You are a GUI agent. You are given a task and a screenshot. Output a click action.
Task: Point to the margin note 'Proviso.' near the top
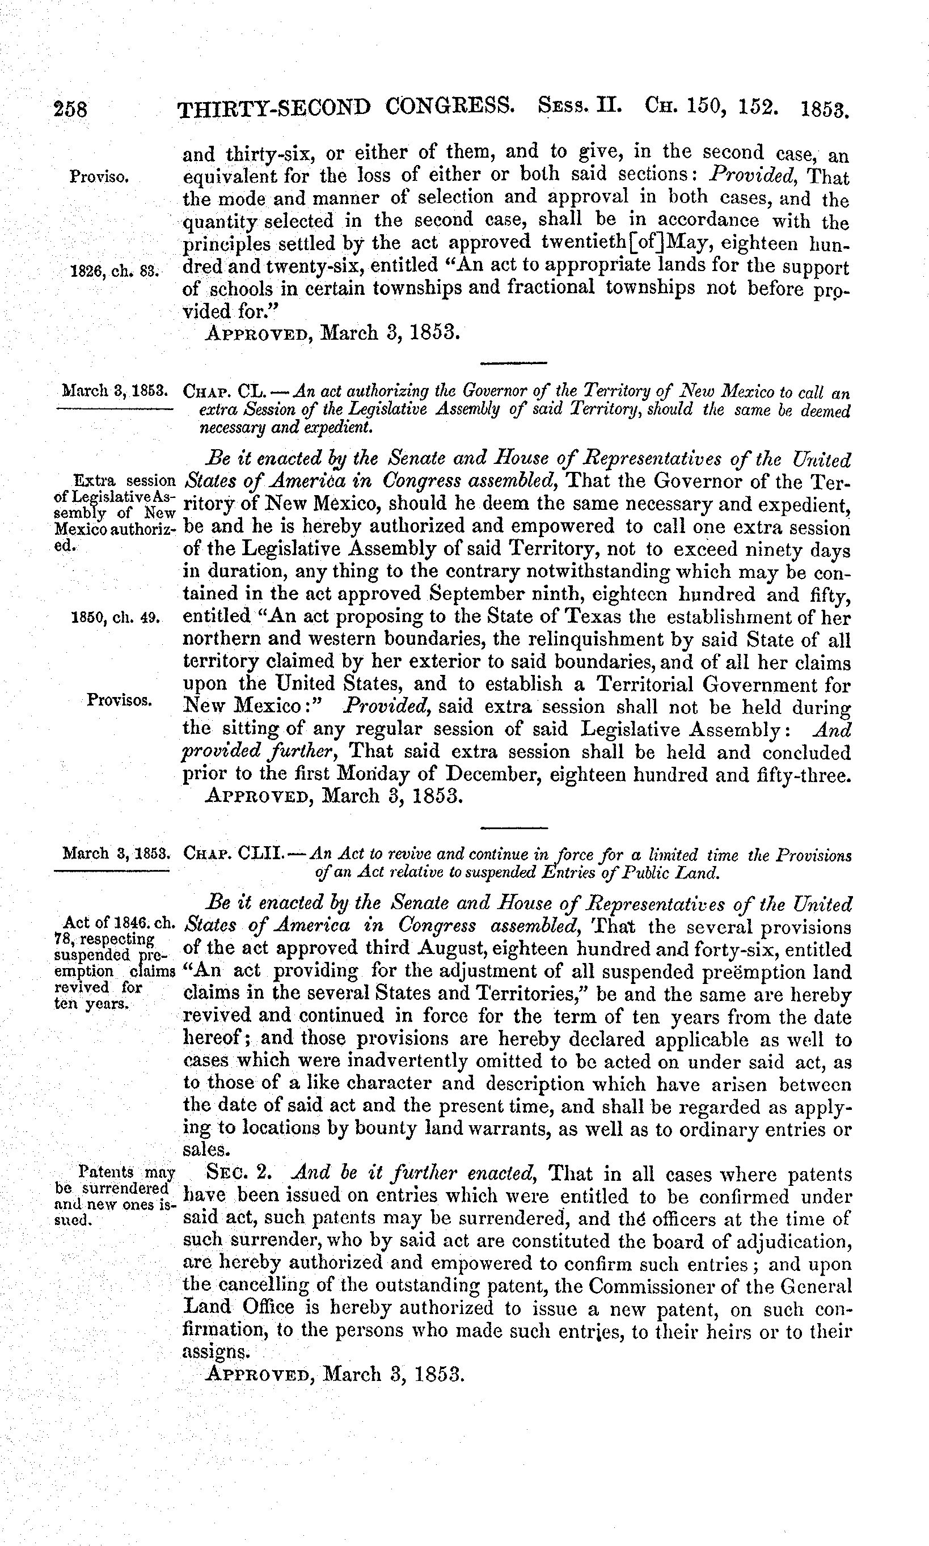pyautogui.click(x=100, y=176)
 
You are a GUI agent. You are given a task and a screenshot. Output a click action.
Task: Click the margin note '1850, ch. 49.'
pyautogui.click(x=117, y=618)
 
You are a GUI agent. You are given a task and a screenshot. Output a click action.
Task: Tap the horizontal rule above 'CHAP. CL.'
pyautogui.click(x=513, y=363)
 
